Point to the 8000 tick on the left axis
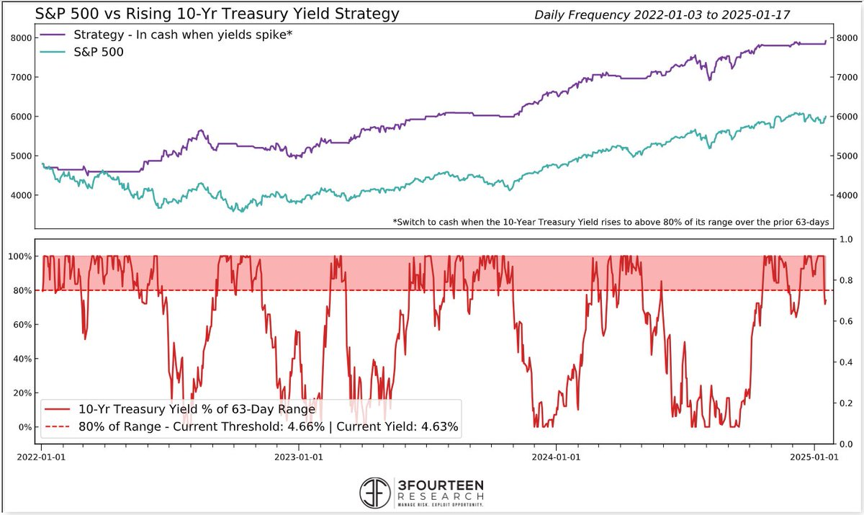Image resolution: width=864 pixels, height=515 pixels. click(19, 38)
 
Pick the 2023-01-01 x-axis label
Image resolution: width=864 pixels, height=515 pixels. click(299, 456)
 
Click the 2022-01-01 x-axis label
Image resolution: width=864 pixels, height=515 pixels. click(42, 456)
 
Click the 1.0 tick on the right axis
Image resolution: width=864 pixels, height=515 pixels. click(840, 240)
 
